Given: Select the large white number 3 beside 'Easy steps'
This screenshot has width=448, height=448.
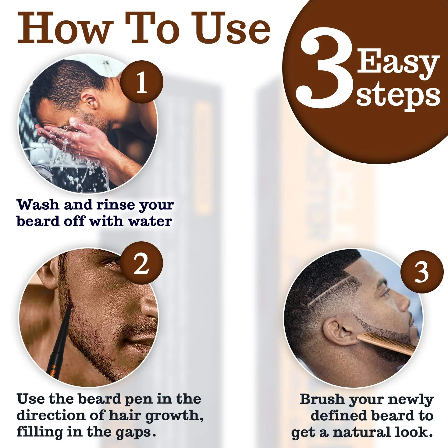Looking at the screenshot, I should pos(325,69).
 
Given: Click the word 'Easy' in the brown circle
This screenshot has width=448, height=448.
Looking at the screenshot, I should pos(398,62).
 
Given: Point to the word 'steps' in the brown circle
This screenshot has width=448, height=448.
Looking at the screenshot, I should pos(398,96).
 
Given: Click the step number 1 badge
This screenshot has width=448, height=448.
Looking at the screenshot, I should pos(141,82).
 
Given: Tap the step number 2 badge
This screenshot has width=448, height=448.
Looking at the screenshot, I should pos(141,263).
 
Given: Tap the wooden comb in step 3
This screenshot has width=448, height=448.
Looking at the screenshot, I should pos(387,343).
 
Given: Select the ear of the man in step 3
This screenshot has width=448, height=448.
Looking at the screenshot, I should pos(338,332).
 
